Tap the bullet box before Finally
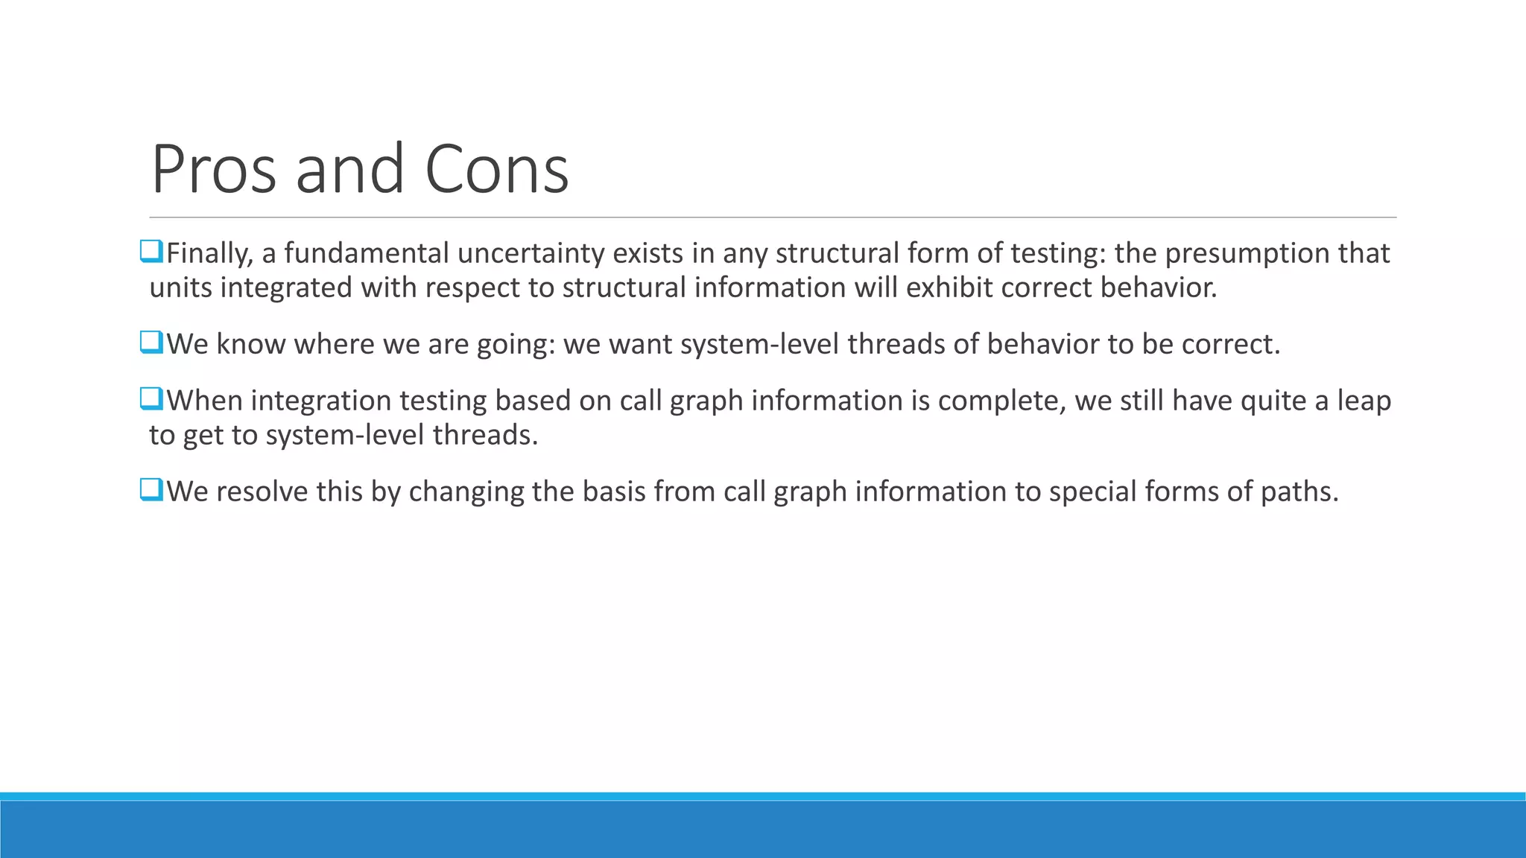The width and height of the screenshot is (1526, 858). coord(151,252)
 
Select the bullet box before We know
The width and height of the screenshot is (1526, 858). coord(151,343)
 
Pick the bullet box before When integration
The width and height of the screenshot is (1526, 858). coord(151,399)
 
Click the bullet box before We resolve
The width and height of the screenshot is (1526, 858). coord(151,490)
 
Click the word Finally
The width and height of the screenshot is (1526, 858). coord(209,254)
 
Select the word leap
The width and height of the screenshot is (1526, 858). coord(1364,401)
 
